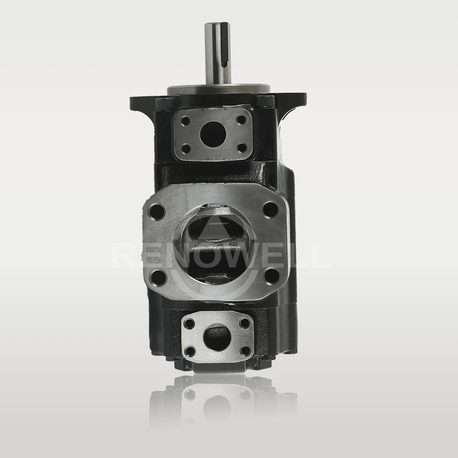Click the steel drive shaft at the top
(218, 55)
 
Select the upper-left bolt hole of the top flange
(186, 122)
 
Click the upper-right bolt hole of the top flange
(242, 120)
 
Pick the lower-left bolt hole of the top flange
(186, 149)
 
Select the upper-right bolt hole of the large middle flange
(271, 209)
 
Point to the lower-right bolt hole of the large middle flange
(271, 275)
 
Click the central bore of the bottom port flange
(218, 338)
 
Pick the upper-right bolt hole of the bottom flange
(245, 323)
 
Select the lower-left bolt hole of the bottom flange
(189, 352)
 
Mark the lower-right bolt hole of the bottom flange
(245, 350)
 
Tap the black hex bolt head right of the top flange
(265, 101)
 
